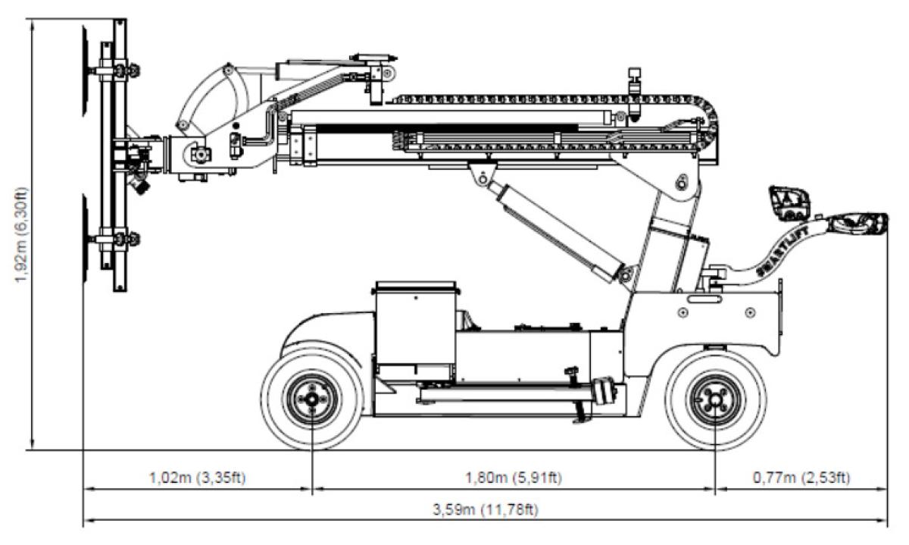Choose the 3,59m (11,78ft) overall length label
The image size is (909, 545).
pos(485,509)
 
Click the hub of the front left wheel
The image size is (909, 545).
pos(312,399)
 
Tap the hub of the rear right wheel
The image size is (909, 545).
pos(715,399)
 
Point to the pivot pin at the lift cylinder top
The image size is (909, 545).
pos(478,179)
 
